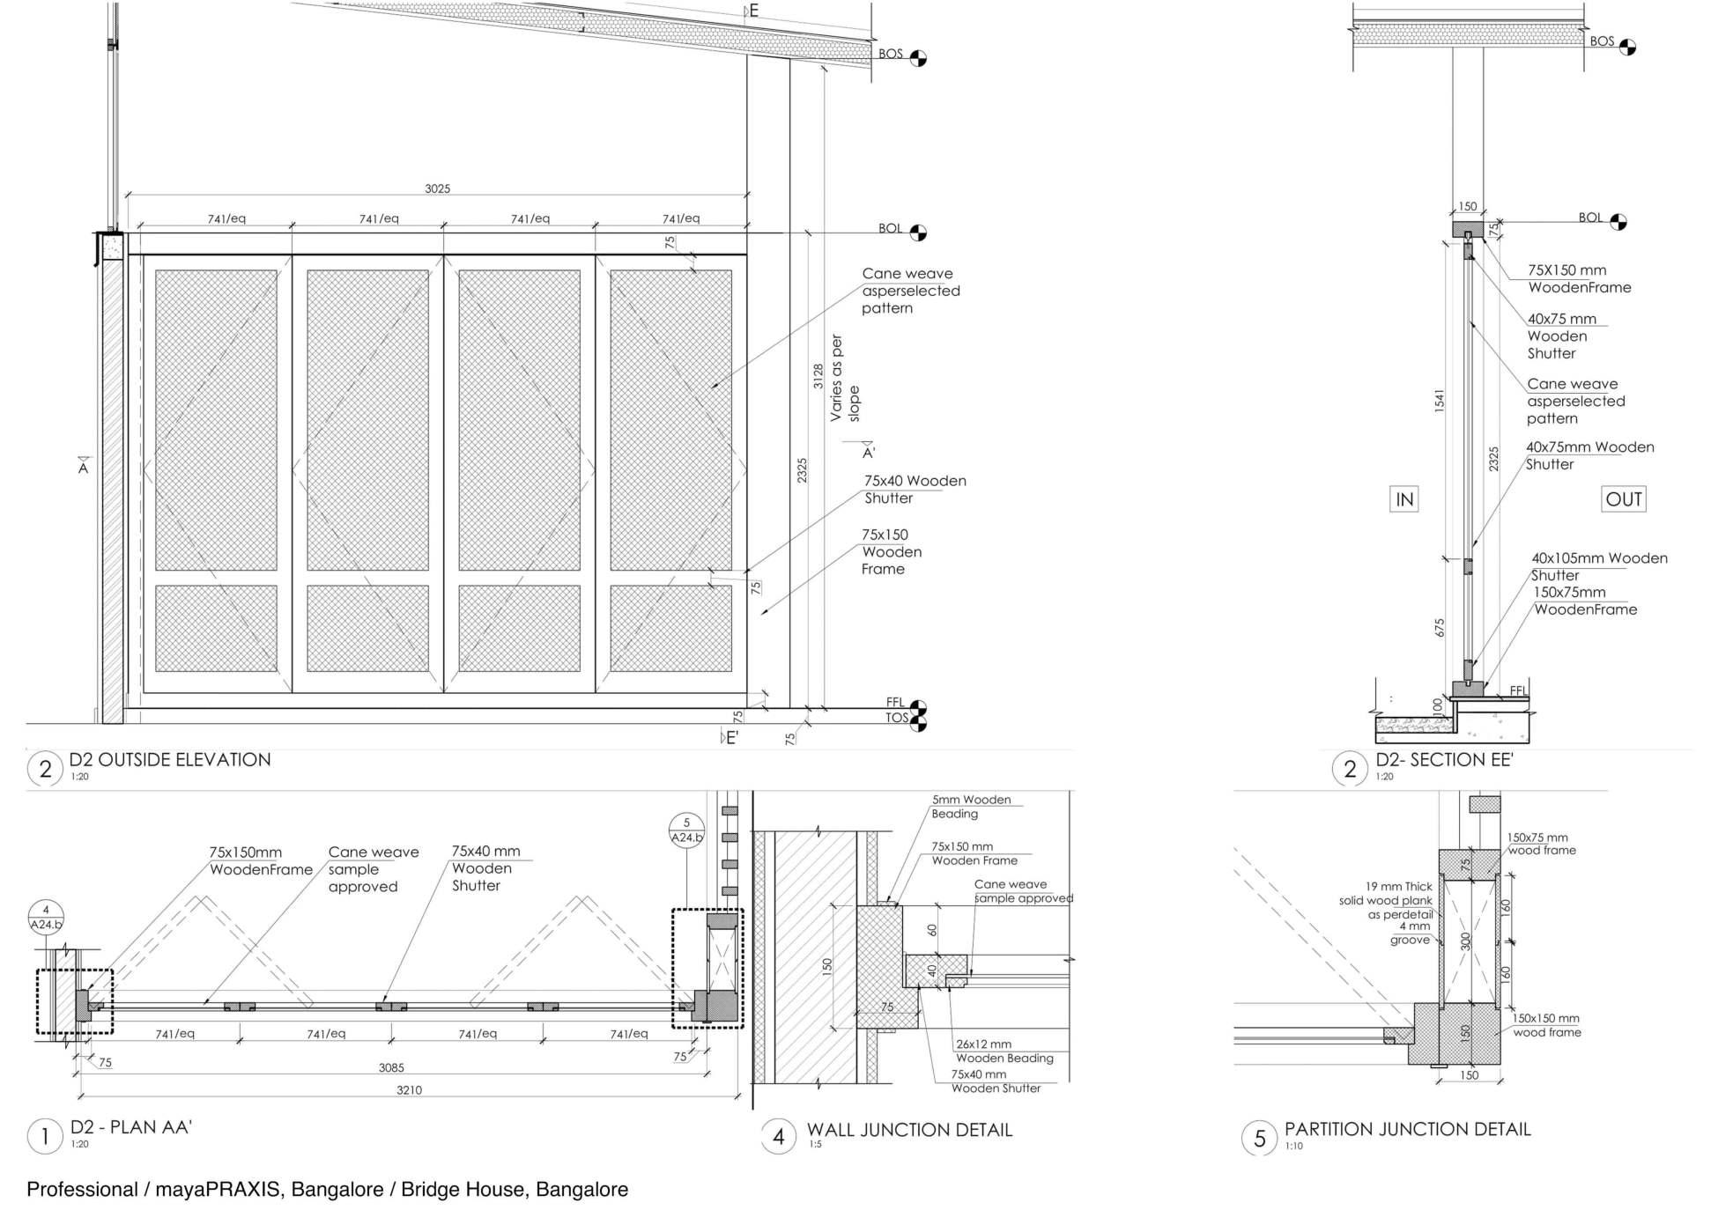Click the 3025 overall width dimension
pos(437,188)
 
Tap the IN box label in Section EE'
pos(1403,499)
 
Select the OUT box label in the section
pos(1623,499)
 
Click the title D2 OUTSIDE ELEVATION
pos(170,760)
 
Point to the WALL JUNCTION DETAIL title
pos(909,1130)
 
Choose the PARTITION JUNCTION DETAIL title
pos(1407,1129)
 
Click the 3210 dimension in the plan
pos(409,1090)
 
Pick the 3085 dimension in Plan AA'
pos(391,1068)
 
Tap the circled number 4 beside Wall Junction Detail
pos(778,1137)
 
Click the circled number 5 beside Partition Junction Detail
pos(1259,1138)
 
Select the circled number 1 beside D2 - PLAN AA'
pos(45,1136)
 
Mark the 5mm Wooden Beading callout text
pos(971,807)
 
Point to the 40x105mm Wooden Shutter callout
pos(1598,565)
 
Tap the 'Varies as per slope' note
pos(845,379)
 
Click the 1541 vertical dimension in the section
pos(1439,401)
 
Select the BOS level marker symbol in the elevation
pos(918,58)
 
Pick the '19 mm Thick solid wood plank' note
pos(1387,900)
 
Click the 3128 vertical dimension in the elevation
pos(818,376)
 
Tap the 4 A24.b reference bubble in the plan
pos(46,917)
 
